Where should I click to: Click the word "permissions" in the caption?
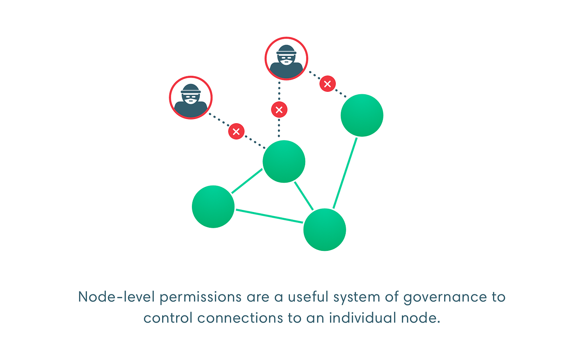pyautogui.click(x=201, y=297)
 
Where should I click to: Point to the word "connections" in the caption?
pyautogui.click(x=240, y=318)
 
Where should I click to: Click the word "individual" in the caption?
pyautogui.click(x=363, y=317)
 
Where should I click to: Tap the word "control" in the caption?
pyautogui.click(x=168, y=317)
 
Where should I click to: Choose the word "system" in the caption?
pyautogui.click(x=356, y=298)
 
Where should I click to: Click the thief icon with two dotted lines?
pyautogui.click(x=286, y=59)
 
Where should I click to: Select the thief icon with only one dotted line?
pyautogui.click(x=191, y=98)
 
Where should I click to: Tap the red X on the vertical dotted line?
pyautogui.click(x=279, y=110)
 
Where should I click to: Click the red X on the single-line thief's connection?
pyautogui.click(x=236, y=131)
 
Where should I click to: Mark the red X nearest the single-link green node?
pyautogui.click(x=328, y=83)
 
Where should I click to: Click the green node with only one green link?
pyautogui.click(x=362, y=115)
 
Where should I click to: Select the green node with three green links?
pyautogui.click(x=325, y=229)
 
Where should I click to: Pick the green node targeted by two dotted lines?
pyautogui.click(x=284, y=162)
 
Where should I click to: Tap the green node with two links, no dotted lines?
pyautogui.click(x=213, y=207)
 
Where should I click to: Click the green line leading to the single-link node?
pyautogui.click(x=345, y=173)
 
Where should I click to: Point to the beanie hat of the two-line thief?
pyautogui.click(x=286, y=50)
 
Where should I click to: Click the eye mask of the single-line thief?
pyautogui.click(x=191, y=97)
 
